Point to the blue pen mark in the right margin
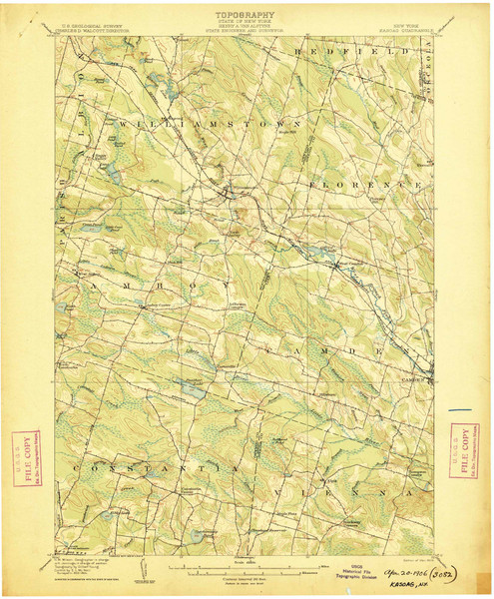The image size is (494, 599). (x=461, y=408)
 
